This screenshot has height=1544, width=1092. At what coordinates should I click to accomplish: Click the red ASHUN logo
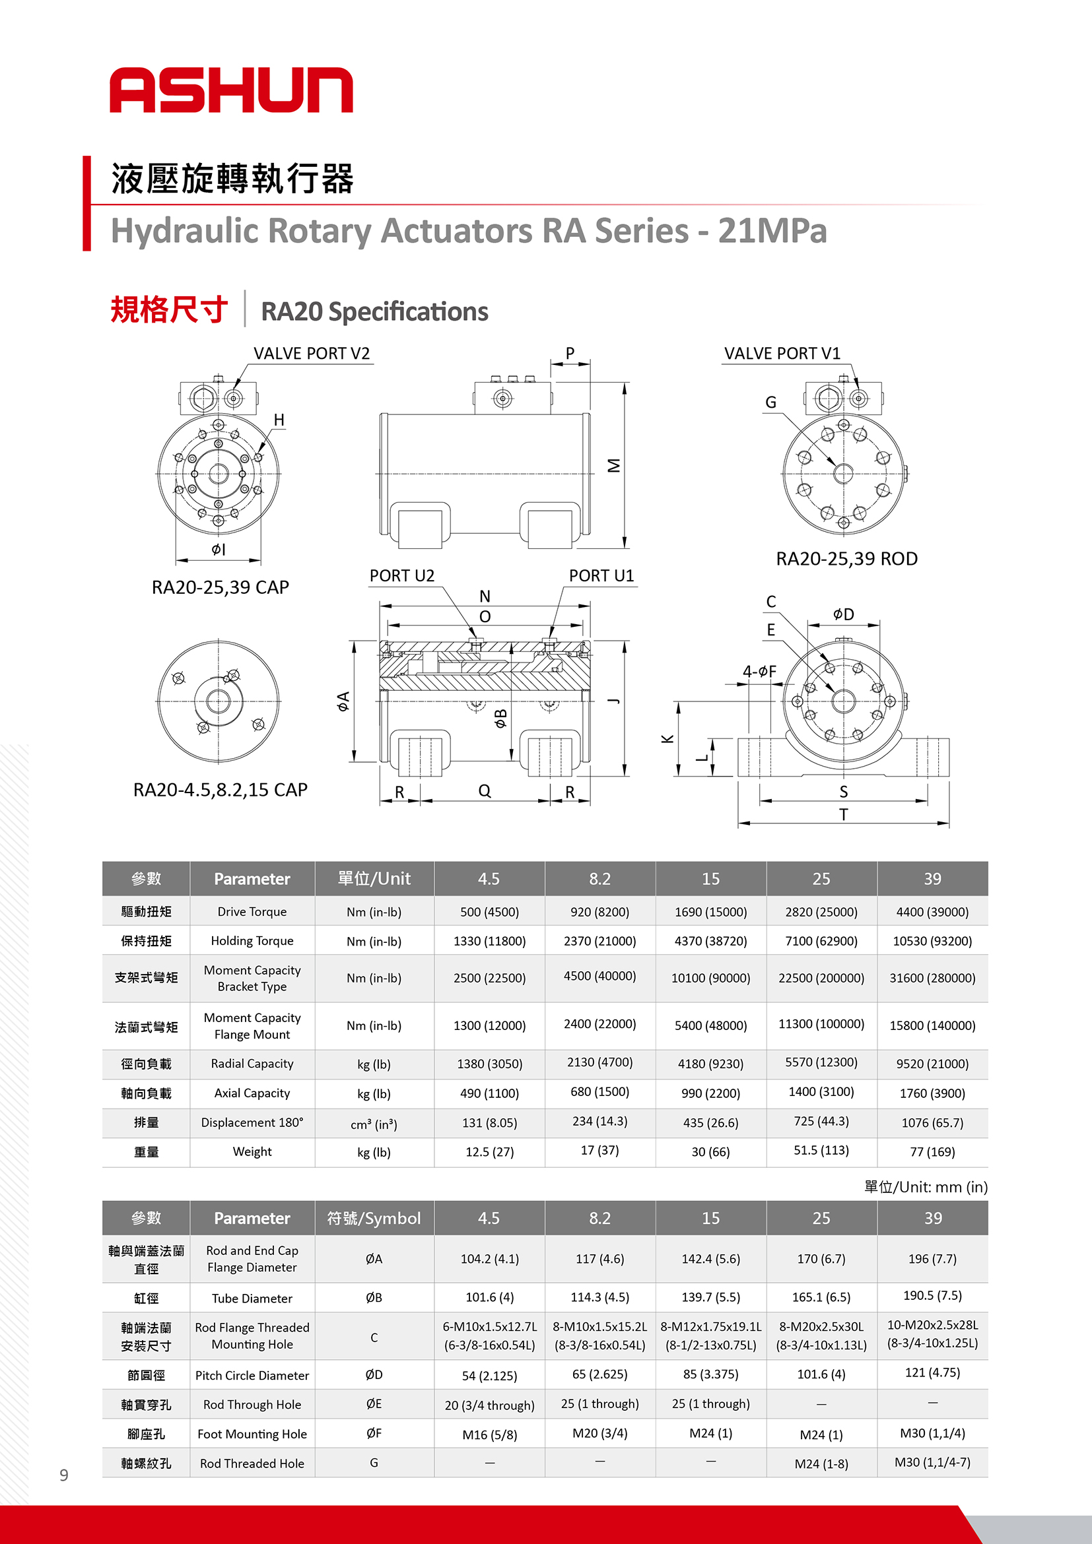coord(231,90)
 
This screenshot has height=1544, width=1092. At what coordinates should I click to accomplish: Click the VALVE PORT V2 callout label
coord(311,354)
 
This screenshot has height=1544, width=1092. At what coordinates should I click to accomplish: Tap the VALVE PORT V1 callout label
coord(781,354)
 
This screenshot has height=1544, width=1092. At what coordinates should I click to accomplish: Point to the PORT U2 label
coord(401,575)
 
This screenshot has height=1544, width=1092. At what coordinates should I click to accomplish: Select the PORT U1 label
coord(601,575)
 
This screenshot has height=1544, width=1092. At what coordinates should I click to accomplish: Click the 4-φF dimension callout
coord(759,671)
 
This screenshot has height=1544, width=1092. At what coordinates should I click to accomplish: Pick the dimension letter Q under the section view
coord(485,791)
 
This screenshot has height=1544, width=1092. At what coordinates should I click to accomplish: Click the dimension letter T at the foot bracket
coord(843,814)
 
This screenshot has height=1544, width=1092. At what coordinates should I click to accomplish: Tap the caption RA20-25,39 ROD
coord(846,559)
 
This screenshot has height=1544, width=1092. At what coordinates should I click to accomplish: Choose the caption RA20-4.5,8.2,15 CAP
coord(220,789)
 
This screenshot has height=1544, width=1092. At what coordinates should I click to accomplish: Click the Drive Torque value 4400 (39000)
coord(932,912)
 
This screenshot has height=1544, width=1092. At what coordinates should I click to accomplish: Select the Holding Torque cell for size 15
coord(710,941)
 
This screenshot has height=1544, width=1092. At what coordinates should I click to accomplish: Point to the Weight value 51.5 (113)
coord(821,1151)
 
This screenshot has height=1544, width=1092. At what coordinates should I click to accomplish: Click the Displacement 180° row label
coord(252,1122)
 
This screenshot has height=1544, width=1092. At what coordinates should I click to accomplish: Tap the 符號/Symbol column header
coord(374,1218)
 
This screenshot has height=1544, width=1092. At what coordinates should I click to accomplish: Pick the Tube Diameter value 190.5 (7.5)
coord(932,1296)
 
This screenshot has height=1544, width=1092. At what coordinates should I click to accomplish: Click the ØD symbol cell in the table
coord(374,1374)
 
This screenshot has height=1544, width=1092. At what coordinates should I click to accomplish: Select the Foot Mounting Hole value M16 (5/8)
coord(489,1434)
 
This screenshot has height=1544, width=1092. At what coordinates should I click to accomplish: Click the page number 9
coord(64,1475)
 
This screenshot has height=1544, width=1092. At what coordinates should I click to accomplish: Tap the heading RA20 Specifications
coord(374,311)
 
